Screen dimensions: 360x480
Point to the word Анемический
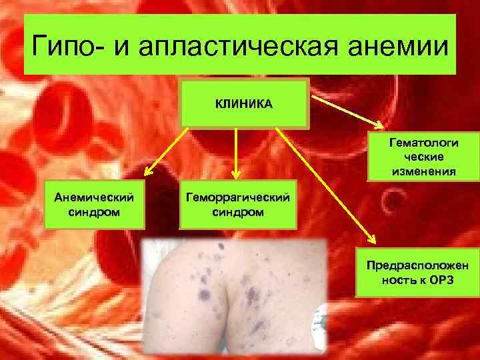(94, 199)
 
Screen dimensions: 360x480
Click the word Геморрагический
(237, 199)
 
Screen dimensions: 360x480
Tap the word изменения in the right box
(423, 171)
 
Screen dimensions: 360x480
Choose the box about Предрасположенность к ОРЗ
(418, 273)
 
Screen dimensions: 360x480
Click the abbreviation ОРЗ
(440, 280)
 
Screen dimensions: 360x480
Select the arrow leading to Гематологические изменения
(347, 111)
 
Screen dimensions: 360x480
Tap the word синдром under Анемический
(94, 212)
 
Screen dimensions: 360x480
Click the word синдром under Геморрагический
(237, 212)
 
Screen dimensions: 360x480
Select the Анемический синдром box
(94, 205)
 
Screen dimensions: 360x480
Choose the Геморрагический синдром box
(237, 205)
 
